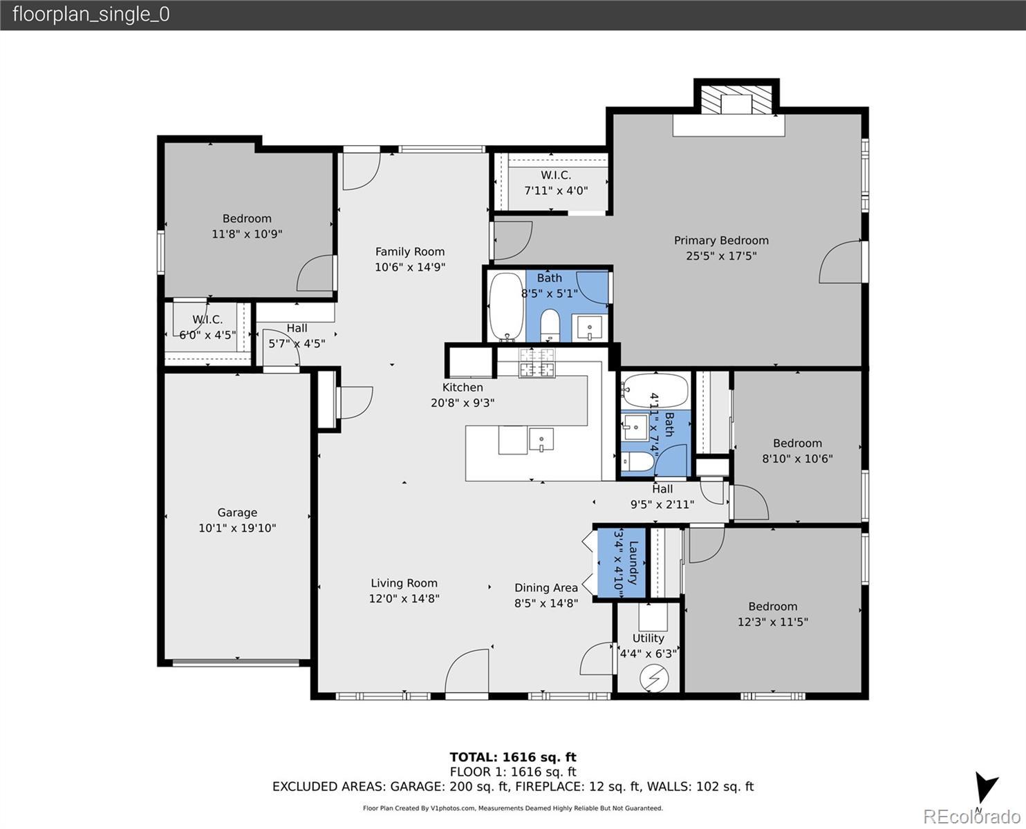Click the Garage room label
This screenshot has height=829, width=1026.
click(237, 513)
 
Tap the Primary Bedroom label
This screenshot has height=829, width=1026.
click(721, 240)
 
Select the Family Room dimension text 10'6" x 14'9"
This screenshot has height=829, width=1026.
click(410, 267)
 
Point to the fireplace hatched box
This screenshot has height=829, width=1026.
click(736, 100)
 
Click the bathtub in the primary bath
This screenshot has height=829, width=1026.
click(506, 307)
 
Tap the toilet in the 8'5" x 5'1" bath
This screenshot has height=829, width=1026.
click(549, 325)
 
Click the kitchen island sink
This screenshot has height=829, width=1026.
click(541, 439)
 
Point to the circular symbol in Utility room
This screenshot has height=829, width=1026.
click(654, 678)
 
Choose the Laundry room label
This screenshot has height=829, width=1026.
click(633, 563)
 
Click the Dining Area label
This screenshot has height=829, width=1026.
click(545, 587)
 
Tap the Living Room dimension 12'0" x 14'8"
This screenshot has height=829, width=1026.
click(404, 598)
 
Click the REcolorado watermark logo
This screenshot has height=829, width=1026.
click(971, 817)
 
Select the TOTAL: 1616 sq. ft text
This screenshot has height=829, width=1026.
click(513, 757)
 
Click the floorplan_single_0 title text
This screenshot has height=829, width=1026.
click(91, 15)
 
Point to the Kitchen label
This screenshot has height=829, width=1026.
click(463, 387)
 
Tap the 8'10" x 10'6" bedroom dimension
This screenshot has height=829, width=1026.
click(797, 459)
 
